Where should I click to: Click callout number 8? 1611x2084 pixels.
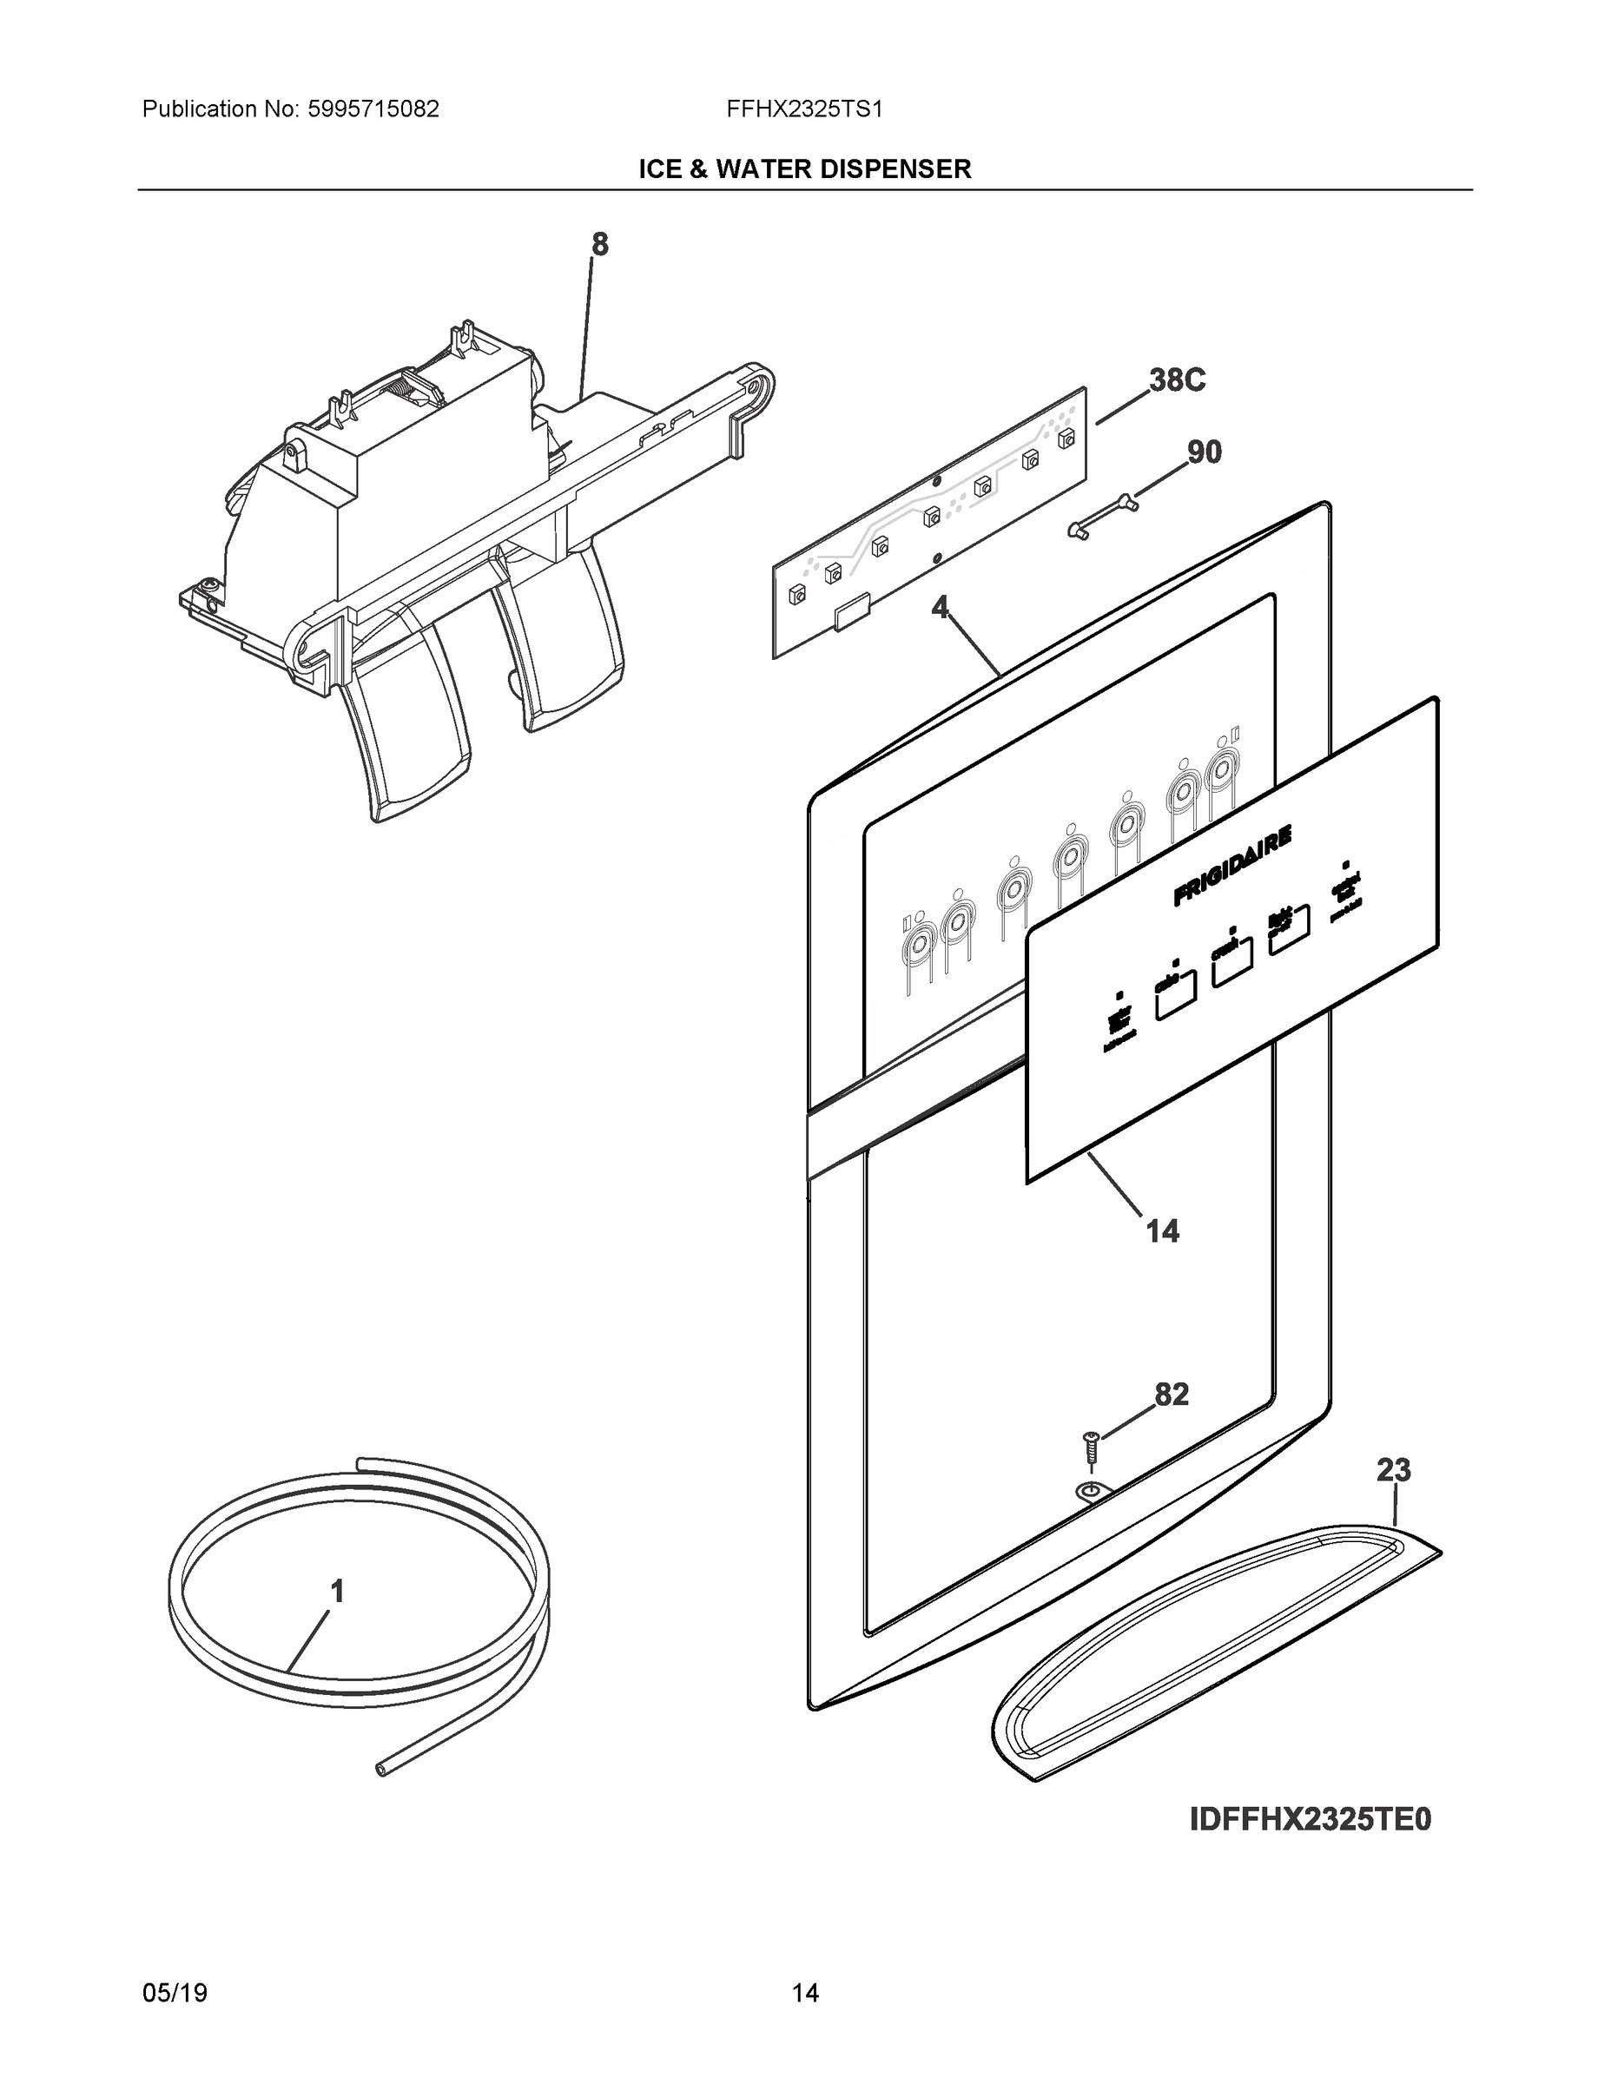599,245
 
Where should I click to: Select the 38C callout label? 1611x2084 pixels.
1177,380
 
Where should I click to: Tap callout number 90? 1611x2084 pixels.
1204,452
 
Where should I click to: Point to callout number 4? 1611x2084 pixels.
941,607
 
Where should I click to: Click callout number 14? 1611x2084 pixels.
1163,1231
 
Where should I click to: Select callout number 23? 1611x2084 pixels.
1393,1470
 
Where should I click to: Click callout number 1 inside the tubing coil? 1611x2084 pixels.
337,1591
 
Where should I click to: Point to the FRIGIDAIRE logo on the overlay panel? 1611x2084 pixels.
1232,866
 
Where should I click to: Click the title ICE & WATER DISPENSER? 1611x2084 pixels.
804,170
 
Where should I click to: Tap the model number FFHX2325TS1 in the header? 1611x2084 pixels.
803,109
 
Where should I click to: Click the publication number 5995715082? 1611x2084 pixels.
373,109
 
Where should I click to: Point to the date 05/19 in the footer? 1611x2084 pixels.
175,1993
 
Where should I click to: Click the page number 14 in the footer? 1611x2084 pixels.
804,1993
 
